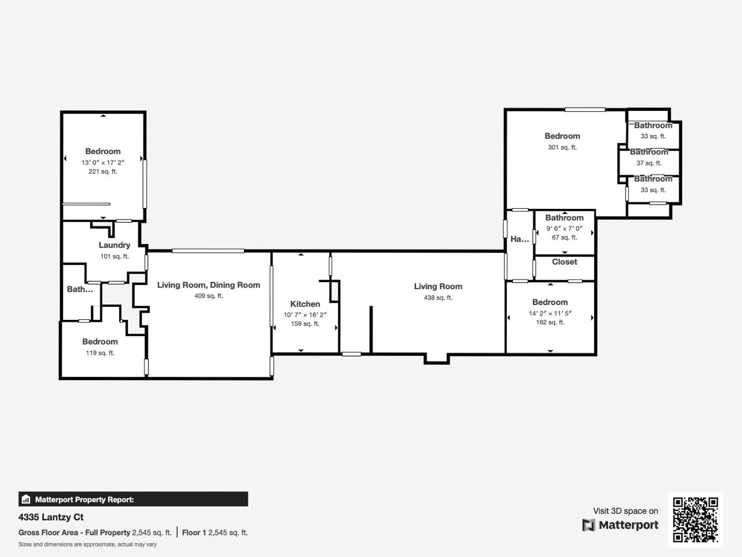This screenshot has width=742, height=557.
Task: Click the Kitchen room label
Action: coord(305,304)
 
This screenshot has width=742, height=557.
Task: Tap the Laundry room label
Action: coord(114,245)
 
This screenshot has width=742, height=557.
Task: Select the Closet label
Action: coord(564,262)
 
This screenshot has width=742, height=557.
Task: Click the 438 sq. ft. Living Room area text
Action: coord(438,298)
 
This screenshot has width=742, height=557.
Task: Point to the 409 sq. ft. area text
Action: coord(208,296)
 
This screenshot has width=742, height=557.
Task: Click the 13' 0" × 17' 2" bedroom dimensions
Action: coord(103,162)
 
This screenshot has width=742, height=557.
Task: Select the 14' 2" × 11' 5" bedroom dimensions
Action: coord(550,313)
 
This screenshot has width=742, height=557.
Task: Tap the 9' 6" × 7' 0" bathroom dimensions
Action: coord(564,228)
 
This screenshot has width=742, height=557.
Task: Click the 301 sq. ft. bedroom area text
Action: coord(562,147)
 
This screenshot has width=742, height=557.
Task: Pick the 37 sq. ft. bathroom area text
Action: coord(649,163)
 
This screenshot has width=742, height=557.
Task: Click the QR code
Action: coord(695,519)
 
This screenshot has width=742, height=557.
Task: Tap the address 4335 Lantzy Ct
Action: coord(51,517)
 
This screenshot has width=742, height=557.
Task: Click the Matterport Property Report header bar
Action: coord(133,499)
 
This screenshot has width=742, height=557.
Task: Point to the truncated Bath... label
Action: coord(80,289)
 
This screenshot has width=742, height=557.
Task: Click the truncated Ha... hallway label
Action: coord(519,239)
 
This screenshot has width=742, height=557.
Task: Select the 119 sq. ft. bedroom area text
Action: coord(100,353)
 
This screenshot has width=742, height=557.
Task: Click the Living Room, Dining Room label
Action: coord(208,285)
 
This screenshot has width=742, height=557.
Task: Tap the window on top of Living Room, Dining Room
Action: coord(208,251)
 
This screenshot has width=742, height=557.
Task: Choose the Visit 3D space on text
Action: coord(625,511)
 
